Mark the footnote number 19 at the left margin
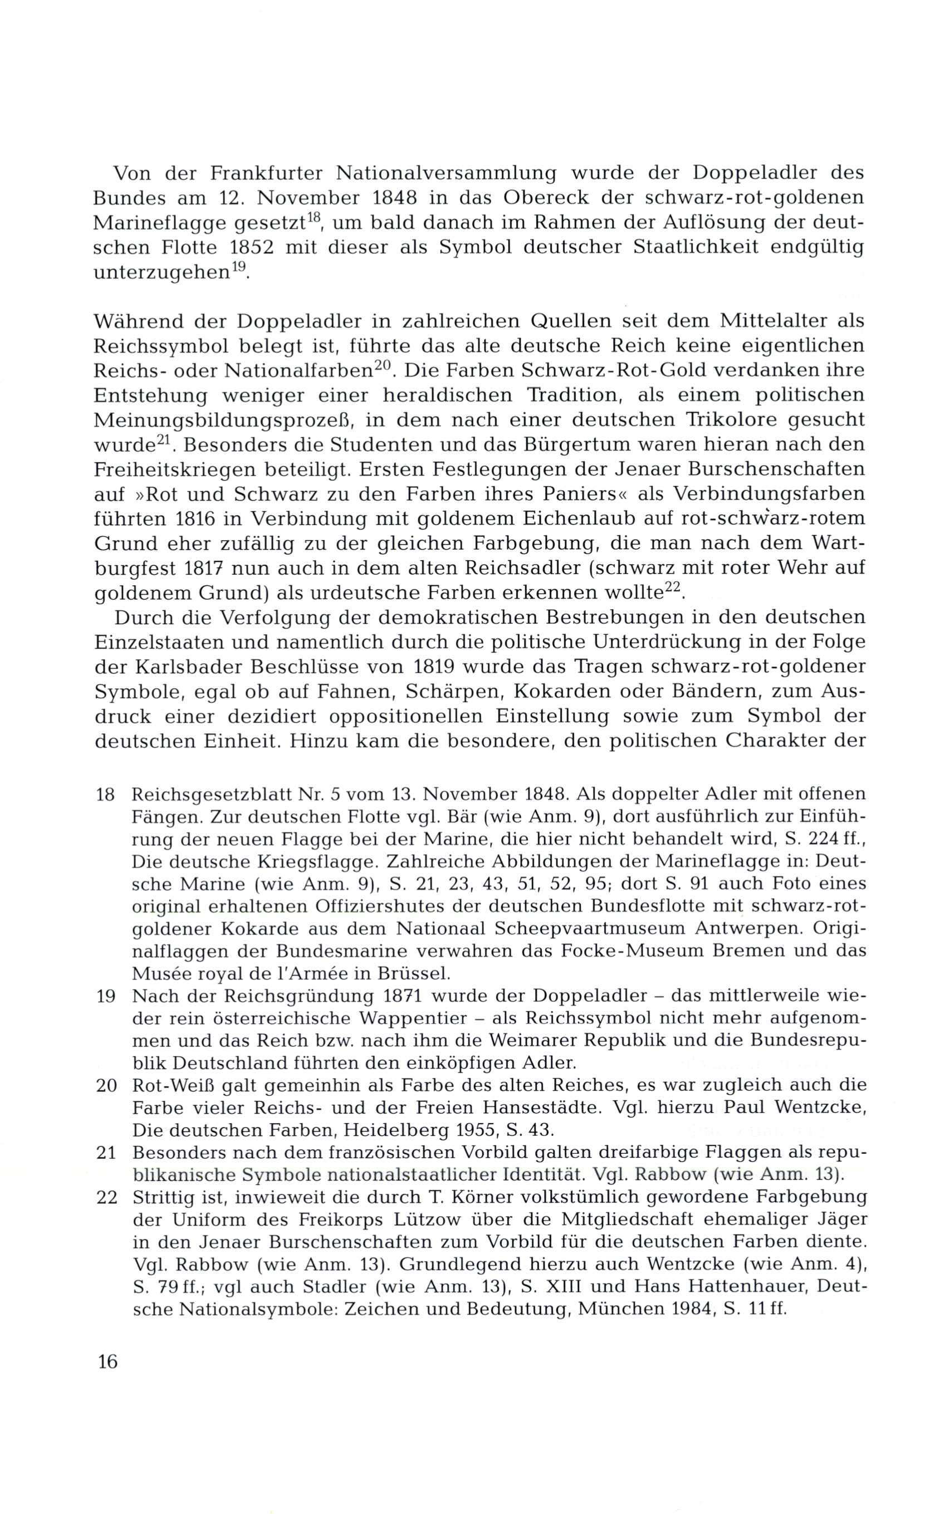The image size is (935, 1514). click(x=106, y=997)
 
